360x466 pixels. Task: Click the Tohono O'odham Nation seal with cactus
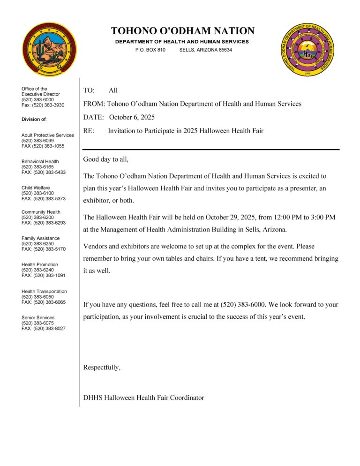(49, 50)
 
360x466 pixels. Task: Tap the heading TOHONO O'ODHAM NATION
(183, 31)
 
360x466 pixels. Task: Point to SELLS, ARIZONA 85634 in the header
(205, 50)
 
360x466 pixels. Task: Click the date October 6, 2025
(132, 117)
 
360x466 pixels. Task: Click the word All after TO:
(113, 90)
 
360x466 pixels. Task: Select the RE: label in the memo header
(89, 131)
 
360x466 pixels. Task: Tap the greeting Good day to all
(105, 159)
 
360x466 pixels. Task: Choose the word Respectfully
(102, 368)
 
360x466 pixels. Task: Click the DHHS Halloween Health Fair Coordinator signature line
(143, 398)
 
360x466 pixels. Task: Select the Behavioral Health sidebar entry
(40, 162)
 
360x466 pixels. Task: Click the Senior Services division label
(38, 318)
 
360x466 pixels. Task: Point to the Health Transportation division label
(44, 292)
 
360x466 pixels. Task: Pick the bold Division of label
(34, 119)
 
